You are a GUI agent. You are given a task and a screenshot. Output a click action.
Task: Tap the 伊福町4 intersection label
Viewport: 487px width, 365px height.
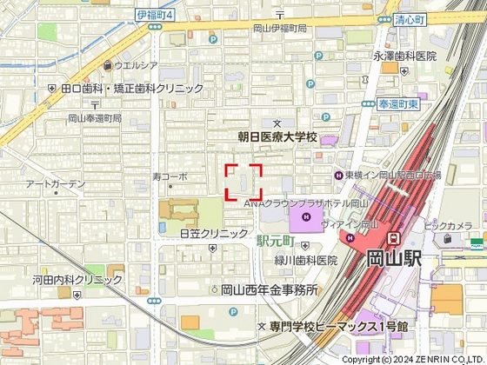pyautogui.click(x=157, y=15)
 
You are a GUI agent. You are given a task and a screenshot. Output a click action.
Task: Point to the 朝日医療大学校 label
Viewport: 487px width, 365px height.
pyautogui.click(x=278, y=137)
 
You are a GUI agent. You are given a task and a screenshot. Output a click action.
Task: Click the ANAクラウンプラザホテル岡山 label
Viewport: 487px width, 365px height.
pyautogui.click(x=296, y=202)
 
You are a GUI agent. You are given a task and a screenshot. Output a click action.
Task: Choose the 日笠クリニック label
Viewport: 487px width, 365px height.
pyautogui.click(x=214, y=234)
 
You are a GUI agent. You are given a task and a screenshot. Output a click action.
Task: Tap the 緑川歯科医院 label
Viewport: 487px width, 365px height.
pyautogui.click(x=306, y=261)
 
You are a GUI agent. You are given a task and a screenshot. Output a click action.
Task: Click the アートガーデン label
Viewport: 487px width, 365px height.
pyautogui.click(x=55, y=184)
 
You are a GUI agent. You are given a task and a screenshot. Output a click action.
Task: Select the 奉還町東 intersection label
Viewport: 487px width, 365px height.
pyautogui.click(x=400, y=103)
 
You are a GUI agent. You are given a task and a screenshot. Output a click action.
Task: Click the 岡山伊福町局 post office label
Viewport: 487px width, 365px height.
pyautogui.click(x=279, y=29)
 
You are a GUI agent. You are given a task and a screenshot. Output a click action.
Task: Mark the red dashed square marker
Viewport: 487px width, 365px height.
pyautogui.click(x=244, y=182)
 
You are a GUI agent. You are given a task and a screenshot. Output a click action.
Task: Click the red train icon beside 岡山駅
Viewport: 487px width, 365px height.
pyautogui.click(x=394, y=237)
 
